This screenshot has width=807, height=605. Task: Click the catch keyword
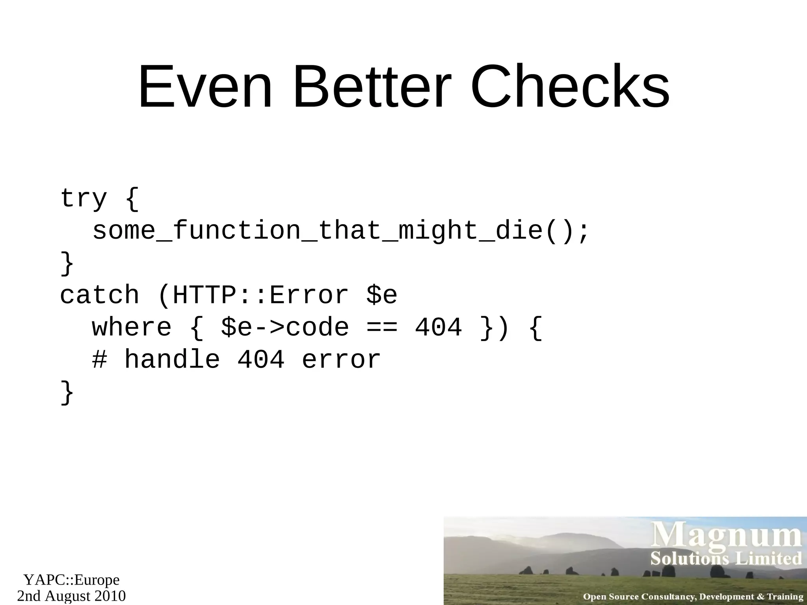point(99,295)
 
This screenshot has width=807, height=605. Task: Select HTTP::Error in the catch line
point(260,295)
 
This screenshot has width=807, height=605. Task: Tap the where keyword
point(132,327)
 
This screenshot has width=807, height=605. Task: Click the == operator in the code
point(381,327)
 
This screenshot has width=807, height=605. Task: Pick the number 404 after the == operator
point(438,327)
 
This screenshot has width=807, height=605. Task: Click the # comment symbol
point(100,360)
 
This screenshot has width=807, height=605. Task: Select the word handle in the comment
point(172,360)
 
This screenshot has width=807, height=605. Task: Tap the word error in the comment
point(341,360)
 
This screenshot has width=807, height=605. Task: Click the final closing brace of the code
point(67,392)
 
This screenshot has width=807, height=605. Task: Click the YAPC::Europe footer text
point(71,580)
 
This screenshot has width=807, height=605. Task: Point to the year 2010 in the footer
point(109,596)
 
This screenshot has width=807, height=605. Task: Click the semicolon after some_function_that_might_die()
point(583,231)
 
